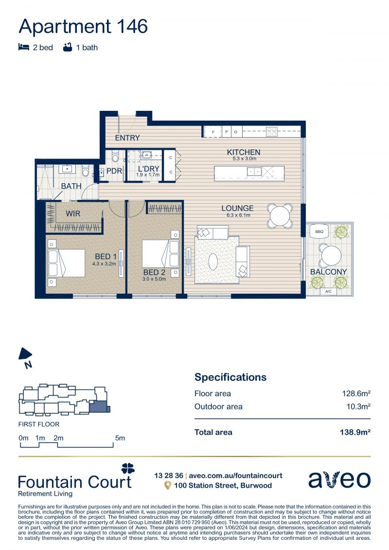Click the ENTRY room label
coord(127,138)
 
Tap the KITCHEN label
coord(244,152)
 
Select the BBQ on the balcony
coord(319,232)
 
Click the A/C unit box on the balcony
coord(328,291)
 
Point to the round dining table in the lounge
coord(280,216)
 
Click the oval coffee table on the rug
coord(213,261)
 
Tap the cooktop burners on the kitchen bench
coord(271,131)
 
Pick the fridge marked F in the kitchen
coord(213,132)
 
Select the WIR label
coord(73,213)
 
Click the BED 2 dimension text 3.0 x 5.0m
coord(154,279)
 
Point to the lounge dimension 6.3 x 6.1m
coord(238,215)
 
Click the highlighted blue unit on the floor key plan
coord(98,406)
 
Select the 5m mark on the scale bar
coord(120,438)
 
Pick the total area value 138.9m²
coord(355,432)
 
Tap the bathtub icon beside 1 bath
coord(68,47)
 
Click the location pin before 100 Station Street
coord(168,485)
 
